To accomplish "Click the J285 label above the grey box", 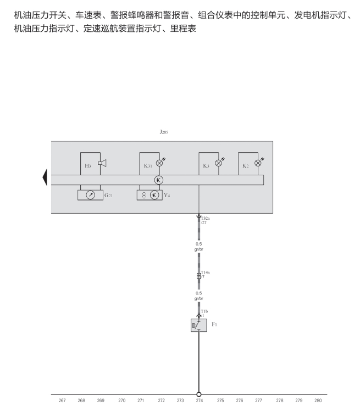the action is click(164, 132).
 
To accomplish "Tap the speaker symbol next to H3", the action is click(102, 163).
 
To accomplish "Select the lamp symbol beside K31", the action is click(160, 163).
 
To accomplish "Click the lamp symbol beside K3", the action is click(219, 163).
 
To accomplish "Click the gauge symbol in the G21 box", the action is click(91, 195).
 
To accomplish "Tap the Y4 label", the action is click(167, 195).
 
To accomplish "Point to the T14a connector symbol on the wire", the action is click(199, 276).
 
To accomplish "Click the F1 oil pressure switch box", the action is click(198, 325).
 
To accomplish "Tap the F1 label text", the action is click(214, 325).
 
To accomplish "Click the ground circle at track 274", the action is click(199, 394).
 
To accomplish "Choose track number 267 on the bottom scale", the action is click(62, 401).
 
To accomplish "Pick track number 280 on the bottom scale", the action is click(318, 401).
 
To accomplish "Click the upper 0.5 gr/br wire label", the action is click(199, 247).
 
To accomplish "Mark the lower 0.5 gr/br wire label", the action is click(199, 296).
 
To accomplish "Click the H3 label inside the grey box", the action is click(88, 165).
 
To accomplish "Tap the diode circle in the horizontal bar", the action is click(159, 180).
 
